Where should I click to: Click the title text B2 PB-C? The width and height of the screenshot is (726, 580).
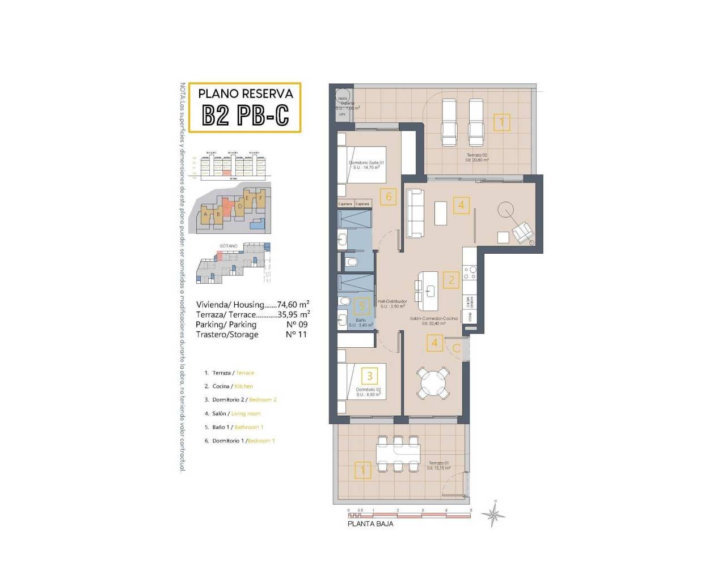pyautogui.click(x=245, y=115)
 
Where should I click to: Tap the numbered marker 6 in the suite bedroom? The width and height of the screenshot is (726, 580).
pyautogui.click(x=389, y=197)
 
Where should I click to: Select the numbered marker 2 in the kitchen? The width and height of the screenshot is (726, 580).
pyautogui.click(x=451, y=280)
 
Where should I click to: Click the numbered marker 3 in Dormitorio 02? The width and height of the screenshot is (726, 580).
pyautogui.click(x=370, y=376)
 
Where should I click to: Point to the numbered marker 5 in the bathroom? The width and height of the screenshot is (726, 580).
pyautogui.click(x=361, y=306)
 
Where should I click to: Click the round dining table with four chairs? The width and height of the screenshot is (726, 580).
pyautogui.click(x=433, y=383)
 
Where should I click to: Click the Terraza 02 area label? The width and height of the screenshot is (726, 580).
pyautogui.click(x=477, y=157)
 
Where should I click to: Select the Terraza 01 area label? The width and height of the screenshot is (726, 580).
pyautogui.click(x=439, y=466)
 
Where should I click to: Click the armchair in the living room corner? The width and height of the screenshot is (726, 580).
pyautogui.click(x=522, y=232)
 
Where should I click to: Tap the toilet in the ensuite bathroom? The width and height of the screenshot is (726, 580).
pyautogui.click(x=352, y=262)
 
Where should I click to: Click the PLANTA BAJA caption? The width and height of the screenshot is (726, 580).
pyautogui.click(x=370, y=524)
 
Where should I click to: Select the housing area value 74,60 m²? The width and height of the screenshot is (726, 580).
pyautogui.click(x=293, y=304)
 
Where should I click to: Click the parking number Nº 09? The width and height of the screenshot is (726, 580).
pyautogui.click(x=297, y=325)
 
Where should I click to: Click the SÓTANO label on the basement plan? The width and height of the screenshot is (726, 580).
pyautogui.click(x=229, y=246)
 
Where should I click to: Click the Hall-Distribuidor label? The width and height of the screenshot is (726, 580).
pyautogui.click(x=392, y=304)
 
